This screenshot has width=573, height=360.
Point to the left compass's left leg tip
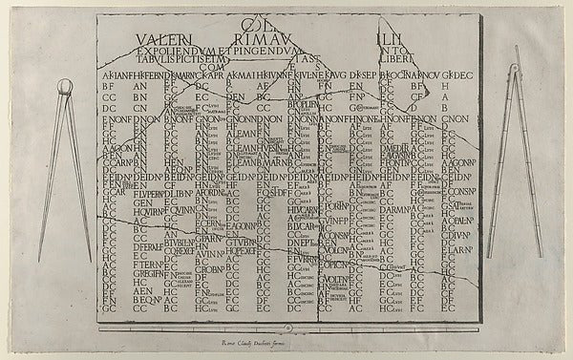coord(41,260)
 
